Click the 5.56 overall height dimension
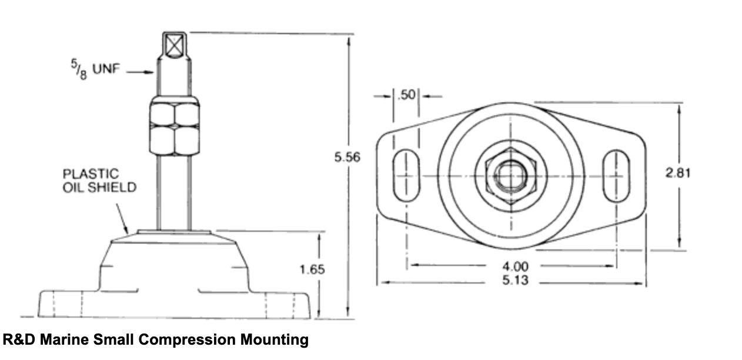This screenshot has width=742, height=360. tap(347, 157)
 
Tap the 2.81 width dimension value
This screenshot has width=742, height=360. tap(677, 173)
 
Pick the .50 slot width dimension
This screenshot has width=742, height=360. tap(406, 95)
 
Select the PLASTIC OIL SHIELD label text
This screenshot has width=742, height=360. tap(99, 181)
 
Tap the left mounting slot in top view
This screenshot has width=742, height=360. tap(406, 176)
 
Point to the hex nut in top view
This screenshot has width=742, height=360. tap(510, 175)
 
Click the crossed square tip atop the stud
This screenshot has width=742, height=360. tap(175, 44)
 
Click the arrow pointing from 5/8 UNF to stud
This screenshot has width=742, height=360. tap(141, 72)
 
